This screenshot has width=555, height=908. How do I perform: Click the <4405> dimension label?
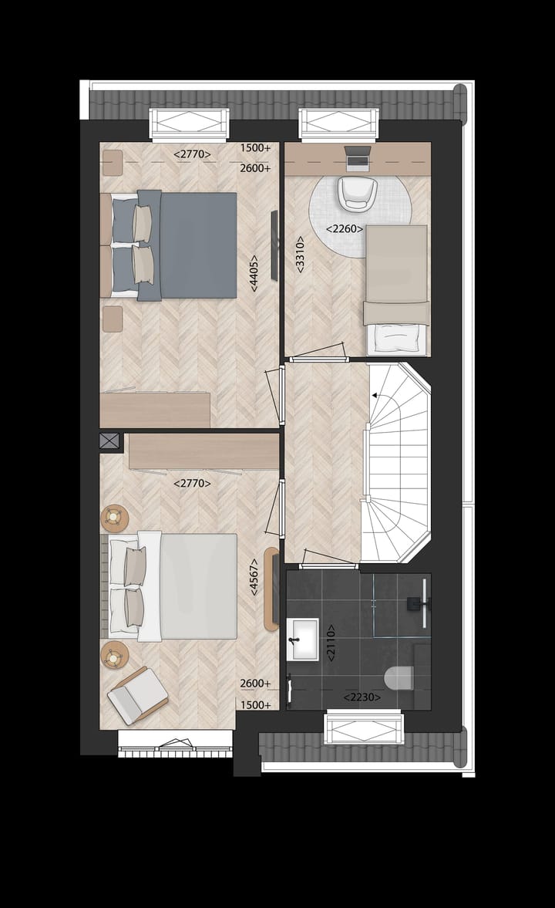pos(254,272)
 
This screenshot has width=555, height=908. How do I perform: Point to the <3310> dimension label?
pos(301,254)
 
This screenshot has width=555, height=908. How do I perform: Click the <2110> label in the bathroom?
pos(331,643)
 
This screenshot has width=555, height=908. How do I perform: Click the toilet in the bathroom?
pos(399,677)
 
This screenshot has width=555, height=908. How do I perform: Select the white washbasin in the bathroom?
pos(302,640)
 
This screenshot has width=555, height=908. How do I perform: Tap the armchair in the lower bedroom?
pos(137,694)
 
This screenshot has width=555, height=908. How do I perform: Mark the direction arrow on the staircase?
pos(377,395)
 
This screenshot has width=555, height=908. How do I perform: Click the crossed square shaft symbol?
pos(110,441)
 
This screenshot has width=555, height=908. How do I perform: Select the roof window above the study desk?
pos(340,123)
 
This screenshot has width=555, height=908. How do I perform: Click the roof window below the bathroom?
pos(364,729)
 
